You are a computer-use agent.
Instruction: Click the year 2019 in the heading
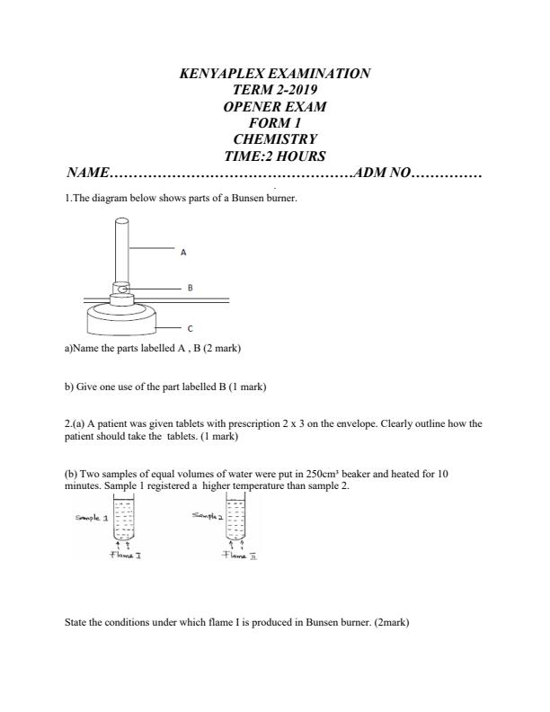[297, 90]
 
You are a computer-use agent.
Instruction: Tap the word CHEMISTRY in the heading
[275, 139]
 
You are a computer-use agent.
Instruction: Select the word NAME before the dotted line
[87, 173]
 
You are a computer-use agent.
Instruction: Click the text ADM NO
[383, 173]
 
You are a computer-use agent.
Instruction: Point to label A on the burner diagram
[183, 253]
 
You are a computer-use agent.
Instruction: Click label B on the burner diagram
[190, 289]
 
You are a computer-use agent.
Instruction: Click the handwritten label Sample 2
[207, 515]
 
